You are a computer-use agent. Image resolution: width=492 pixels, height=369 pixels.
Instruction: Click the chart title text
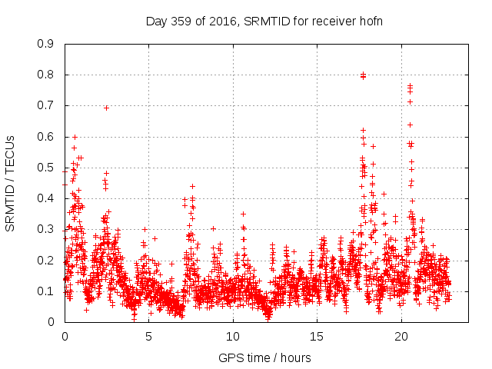[264, 21]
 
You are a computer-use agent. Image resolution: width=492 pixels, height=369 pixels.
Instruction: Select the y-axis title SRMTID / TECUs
[11, 183]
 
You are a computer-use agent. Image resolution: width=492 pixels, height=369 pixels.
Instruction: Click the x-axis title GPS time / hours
[264, 357]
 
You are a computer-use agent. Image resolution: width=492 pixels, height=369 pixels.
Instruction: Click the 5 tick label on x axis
[149, 336]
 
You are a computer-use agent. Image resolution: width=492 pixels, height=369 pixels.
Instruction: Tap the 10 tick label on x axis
[233, 336]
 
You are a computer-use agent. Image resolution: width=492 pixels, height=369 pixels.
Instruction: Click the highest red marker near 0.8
[363, 75]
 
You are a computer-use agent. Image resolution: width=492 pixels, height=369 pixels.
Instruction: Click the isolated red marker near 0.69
[106, 108]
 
